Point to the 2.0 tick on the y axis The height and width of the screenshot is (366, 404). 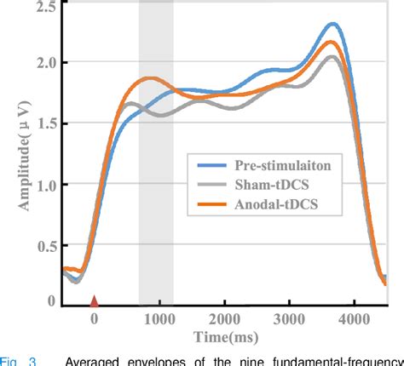(45, 63)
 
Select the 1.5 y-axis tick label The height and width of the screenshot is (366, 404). (45, 124)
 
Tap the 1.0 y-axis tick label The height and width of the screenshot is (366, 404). (45, 185)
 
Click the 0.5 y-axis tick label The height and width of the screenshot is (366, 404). (45, 245)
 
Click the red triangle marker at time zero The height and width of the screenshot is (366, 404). (95, 300)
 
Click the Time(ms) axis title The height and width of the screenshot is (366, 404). (225, 337)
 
